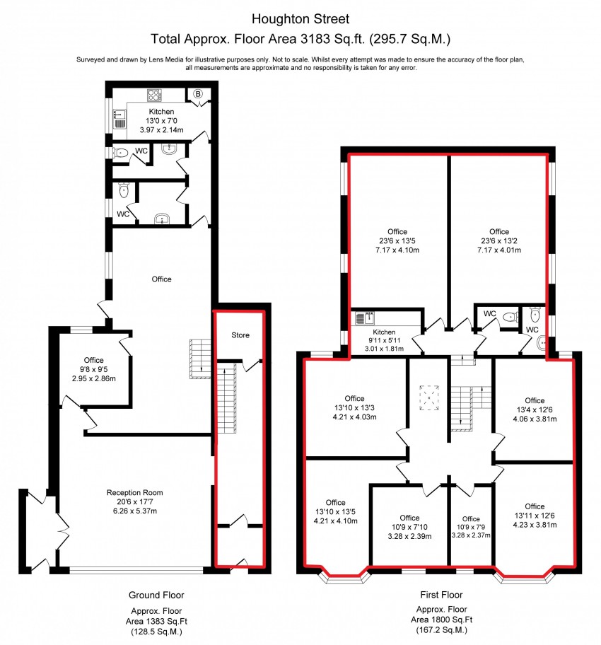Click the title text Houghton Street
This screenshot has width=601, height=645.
(x=300, y=19)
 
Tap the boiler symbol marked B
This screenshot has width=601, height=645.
(x=198, y=94)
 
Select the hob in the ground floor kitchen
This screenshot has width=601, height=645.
(x=155, y=95)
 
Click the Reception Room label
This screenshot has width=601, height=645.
(x=134, y=492)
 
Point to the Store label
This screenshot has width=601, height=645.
(x=240, y=335)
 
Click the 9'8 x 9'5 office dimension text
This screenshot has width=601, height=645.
(x=94, y=369)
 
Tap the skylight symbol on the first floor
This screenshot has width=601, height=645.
(x=429, y=397)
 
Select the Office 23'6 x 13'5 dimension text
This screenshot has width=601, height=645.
(x=397, y=240)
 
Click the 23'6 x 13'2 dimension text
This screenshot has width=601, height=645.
(x=499, y=240)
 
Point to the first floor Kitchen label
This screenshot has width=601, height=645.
(x=384, y=332)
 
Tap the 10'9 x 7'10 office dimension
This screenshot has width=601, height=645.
(x=409, y=527)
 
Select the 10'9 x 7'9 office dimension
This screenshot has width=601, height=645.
(x=471, y=527)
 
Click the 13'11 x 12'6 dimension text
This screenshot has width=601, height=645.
(x=535, y=516)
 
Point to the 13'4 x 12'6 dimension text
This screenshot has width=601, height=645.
(x=535, y=409)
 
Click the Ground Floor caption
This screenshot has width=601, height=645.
(x=156, y=595)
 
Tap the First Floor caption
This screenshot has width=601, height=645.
(x=441, y=595)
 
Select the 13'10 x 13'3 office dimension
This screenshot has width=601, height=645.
(x=354, y=407)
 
